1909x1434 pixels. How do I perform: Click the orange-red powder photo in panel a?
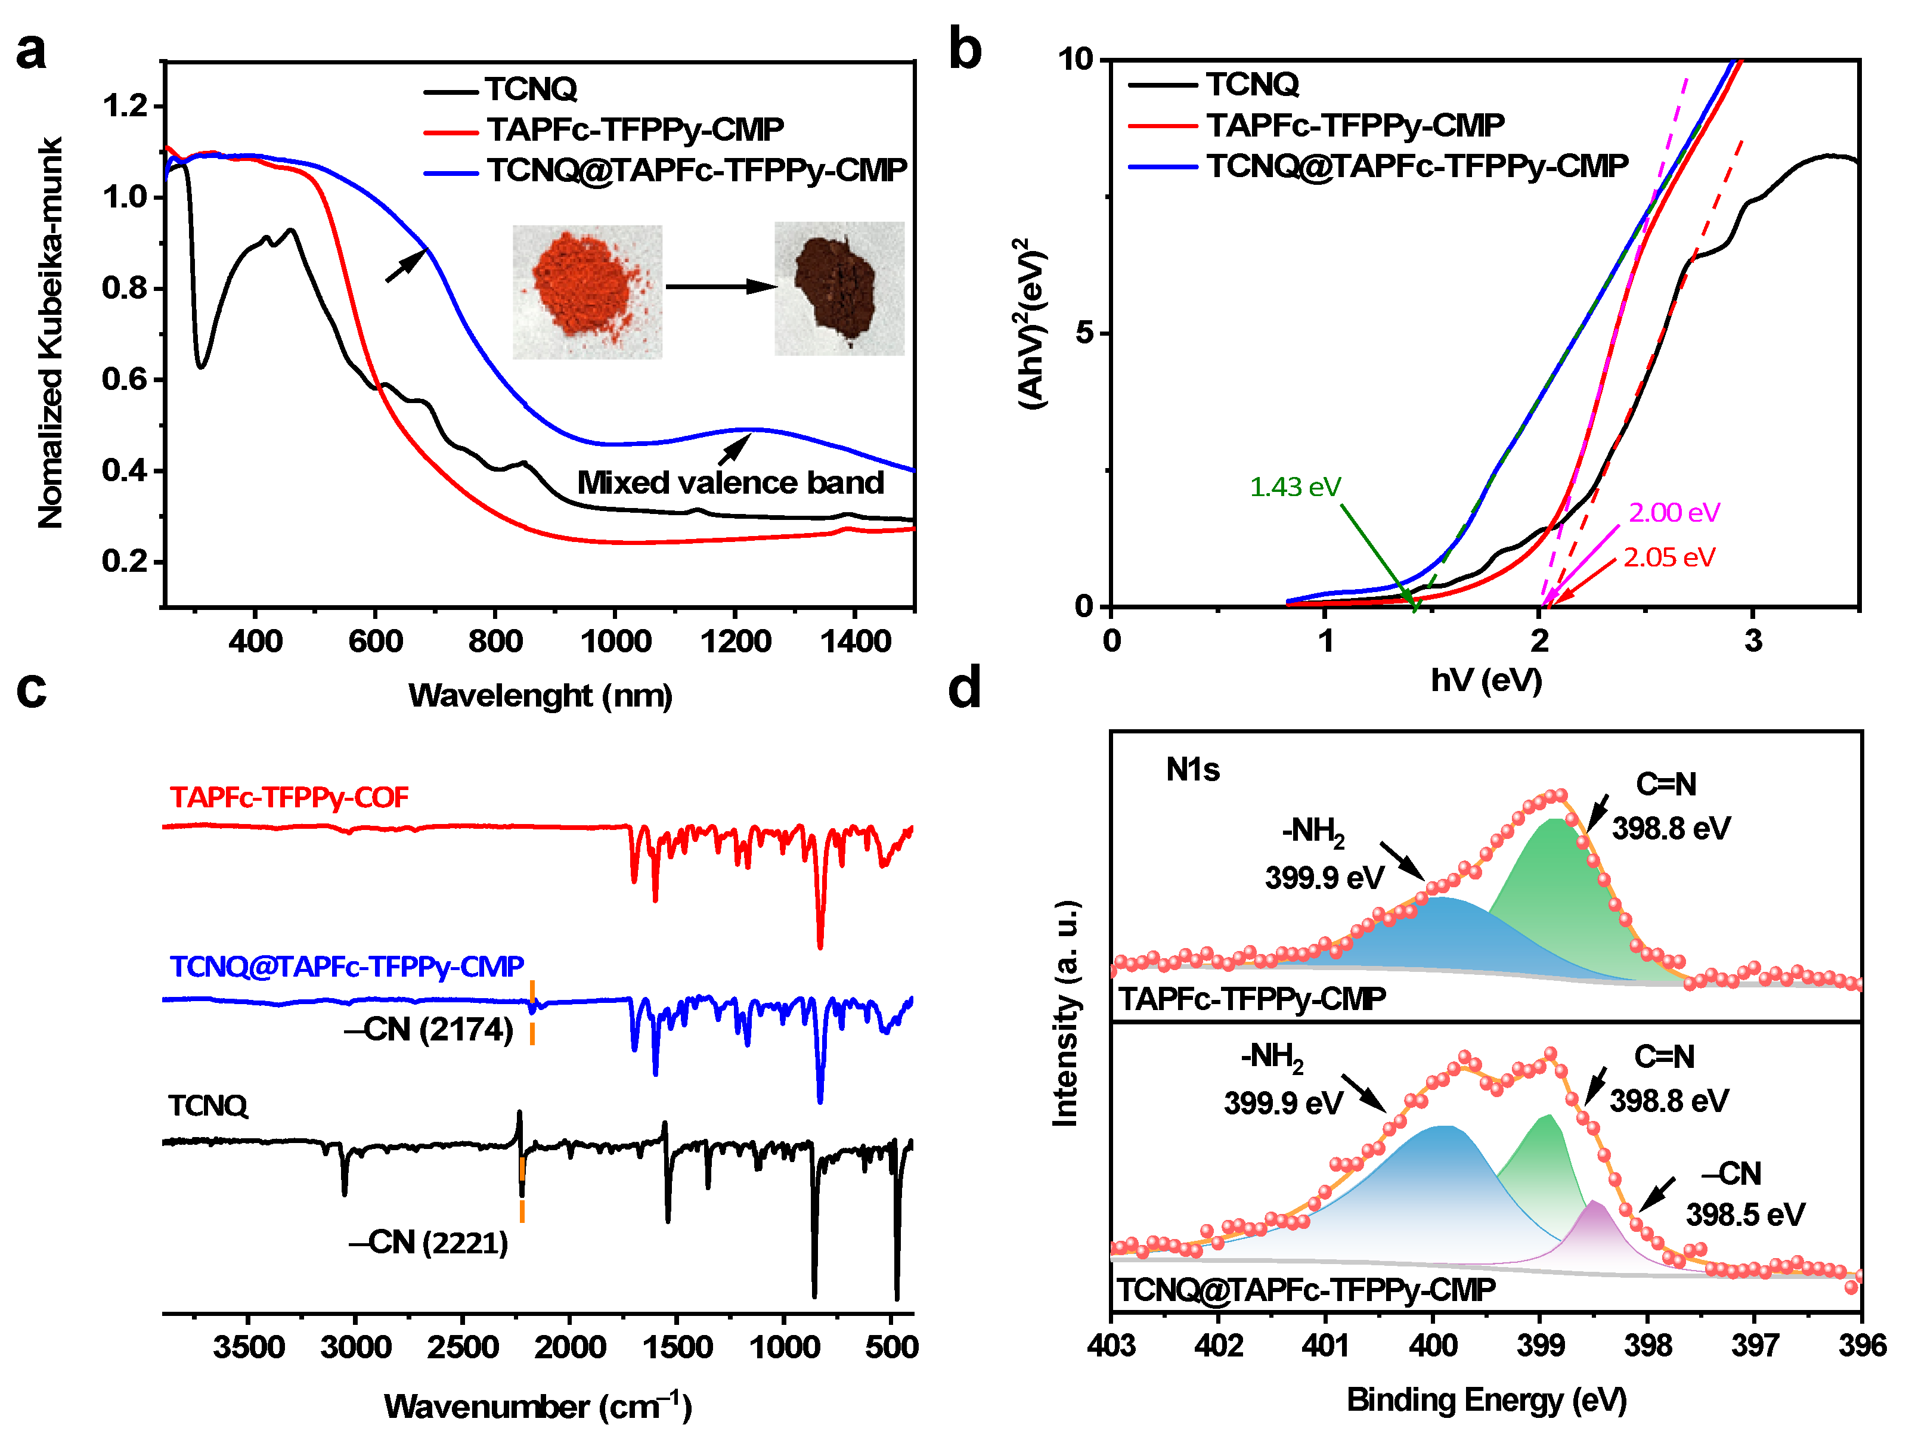587,291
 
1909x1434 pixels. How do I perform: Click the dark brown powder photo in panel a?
838,289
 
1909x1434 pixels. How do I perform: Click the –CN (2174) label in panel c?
429,1029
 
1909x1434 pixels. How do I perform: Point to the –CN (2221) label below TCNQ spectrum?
428,1243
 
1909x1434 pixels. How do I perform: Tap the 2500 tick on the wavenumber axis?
463,1347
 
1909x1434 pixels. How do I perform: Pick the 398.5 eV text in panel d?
1744,1215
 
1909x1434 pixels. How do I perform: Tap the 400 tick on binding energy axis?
1433,1345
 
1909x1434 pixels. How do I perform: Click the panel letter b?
964,49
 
